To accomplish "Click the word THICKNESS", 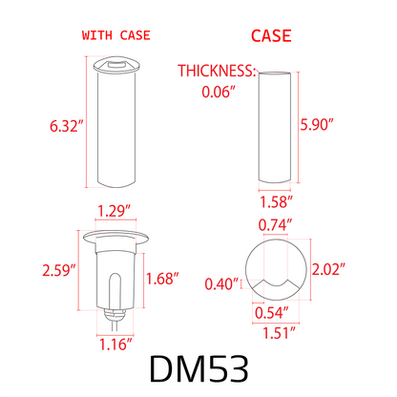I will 218,71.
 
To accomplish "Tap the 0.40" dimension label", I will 220,283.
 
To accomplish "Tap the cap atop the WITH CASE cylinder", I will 115,67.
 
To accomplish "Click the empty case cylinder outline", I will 277,129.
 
